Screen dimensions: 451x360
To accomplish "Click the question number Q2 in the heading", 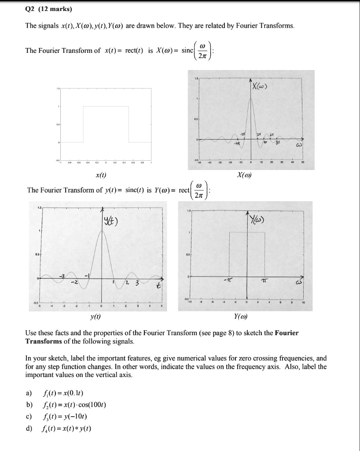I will pyautogui.click(x=30, y=8).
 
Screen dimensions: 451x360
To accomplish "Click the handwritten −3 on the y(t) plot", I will pyautogui.click(x=62, y=276).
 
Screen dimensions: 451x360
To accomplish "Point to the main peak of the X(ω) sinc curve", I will pyautogui.click(x=251, y=98).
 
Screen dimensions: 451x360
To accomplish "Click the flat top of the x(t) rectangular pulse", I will pyautogui.click(x=106, y=106).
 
